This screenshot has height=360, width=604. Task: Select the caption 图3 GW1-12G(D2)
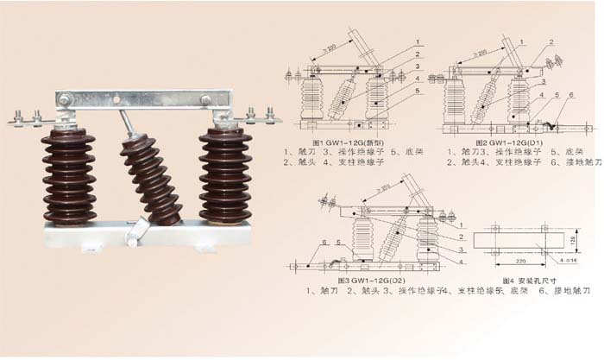(370, 281)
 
